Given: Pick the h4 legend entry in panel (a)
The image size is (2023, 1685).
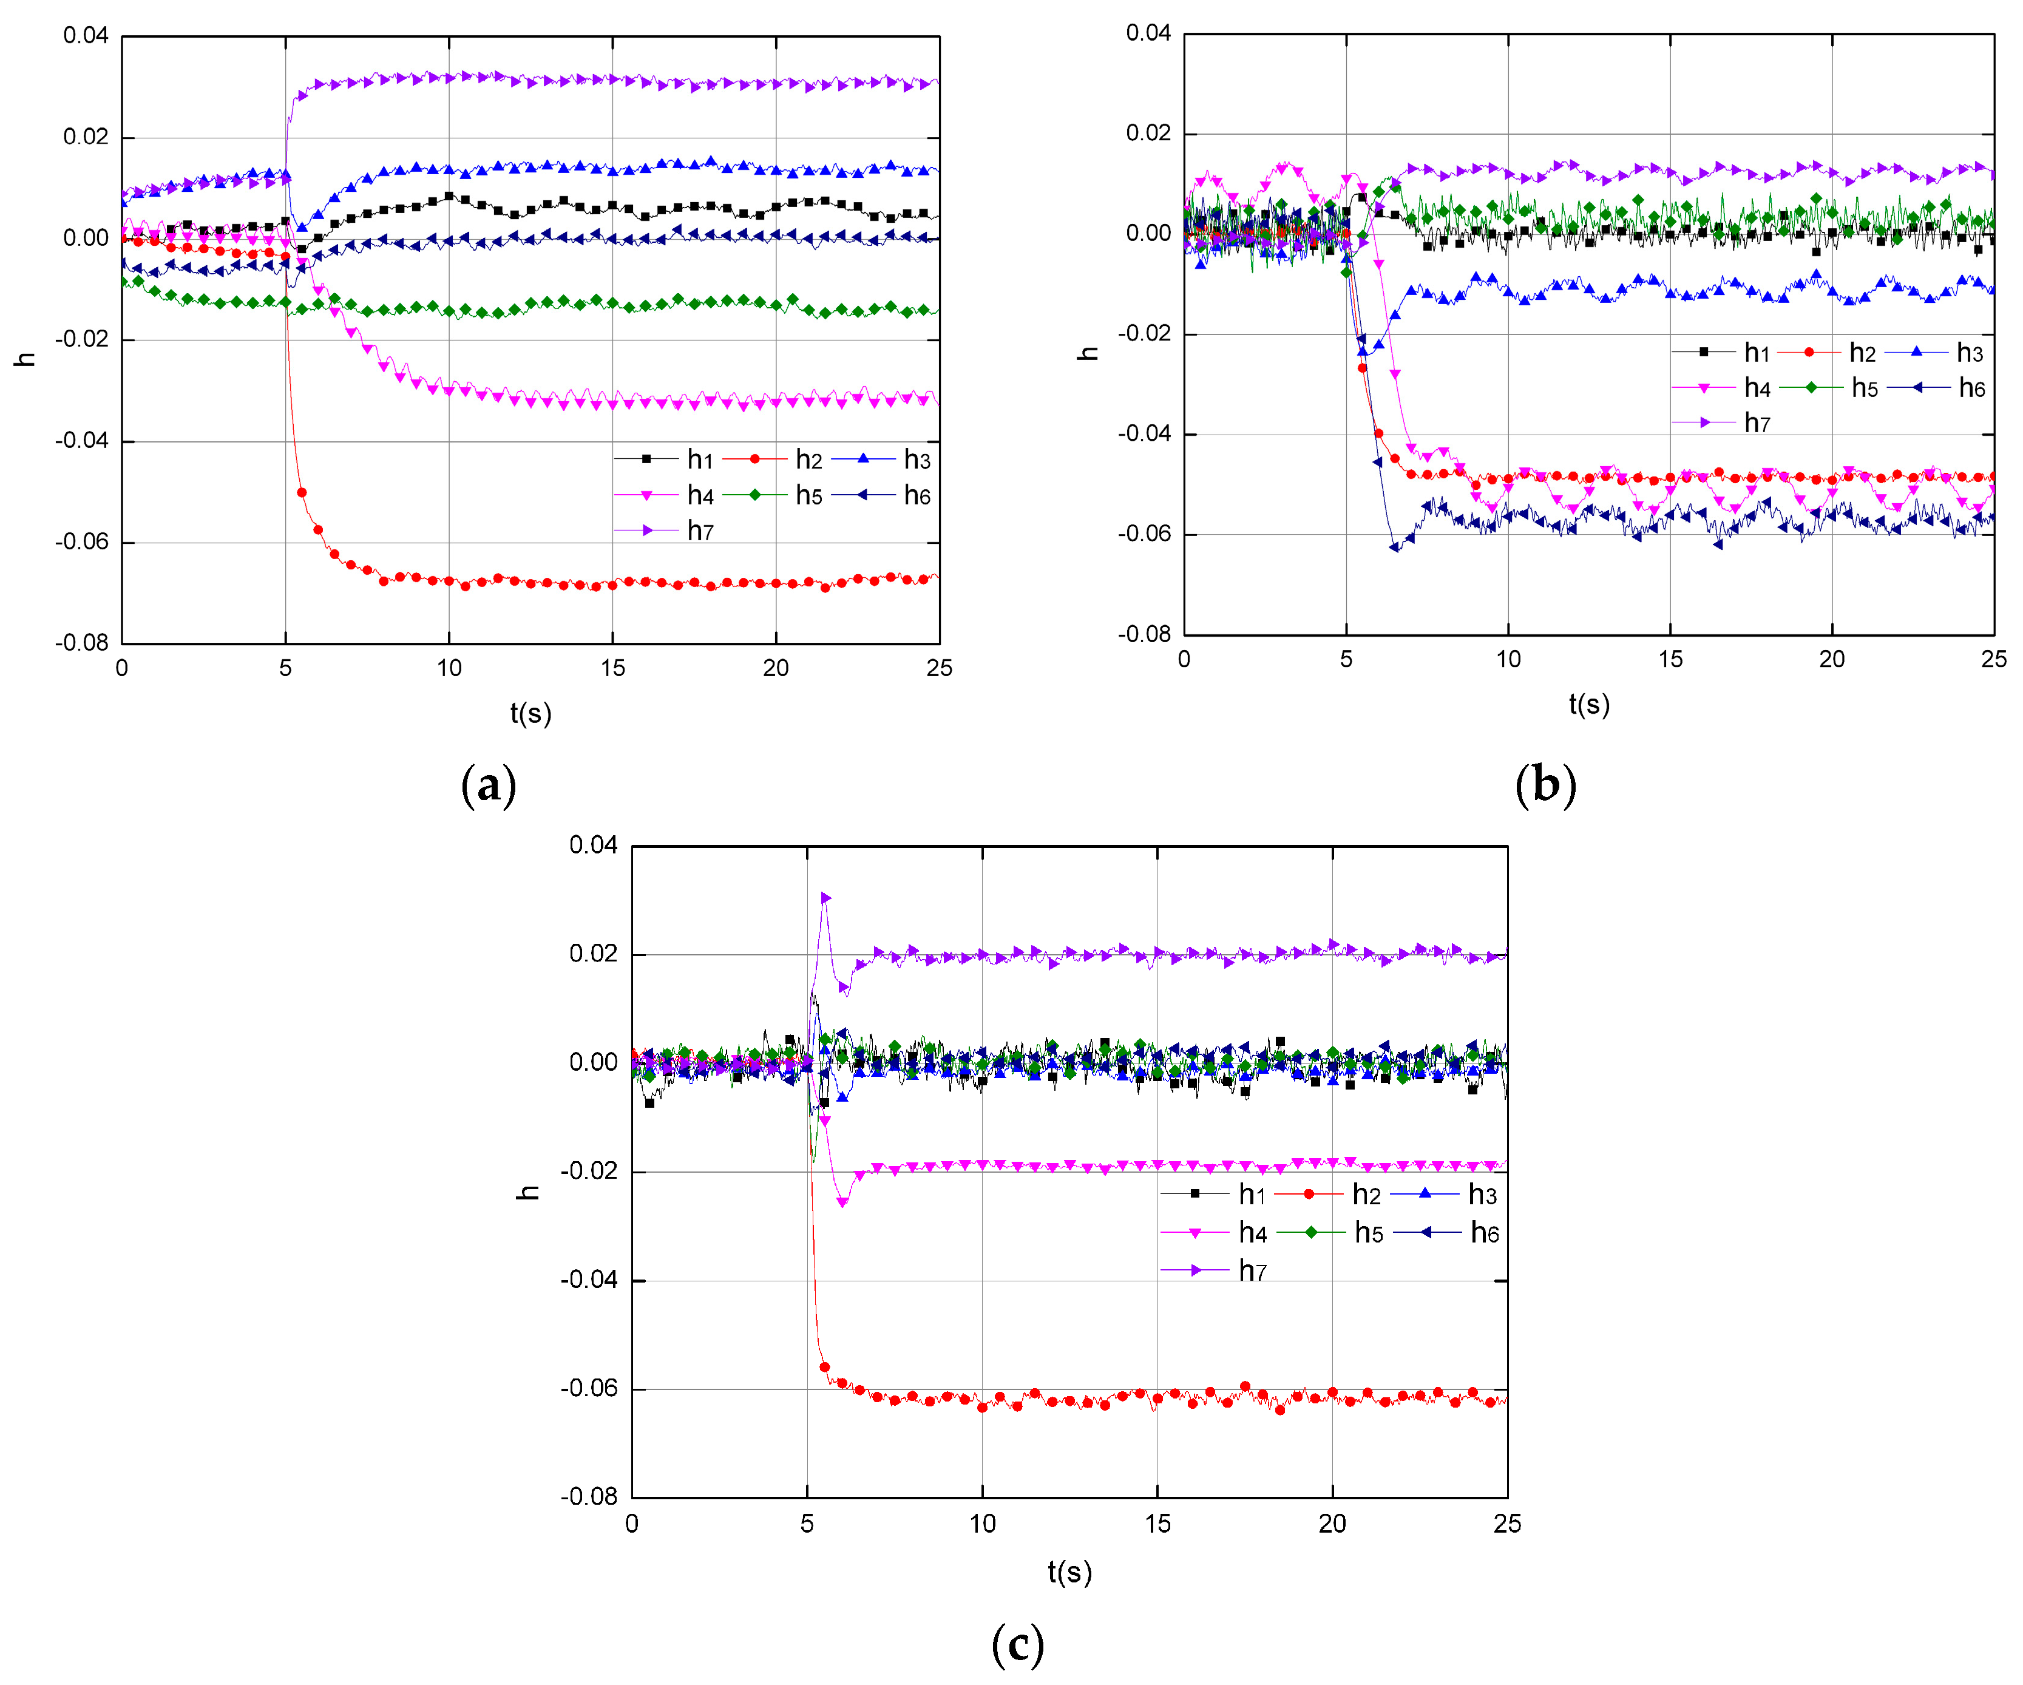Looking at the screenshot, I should [x=665, y=496].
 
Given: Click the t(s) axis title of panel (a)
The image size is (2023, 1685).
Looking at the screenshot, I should [x=531, y=713].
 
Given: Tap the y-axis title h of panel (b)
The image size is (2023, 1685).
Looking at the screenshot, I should [x=1088, y=353].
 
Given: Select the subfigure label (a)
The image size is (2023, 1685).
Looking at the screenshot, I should [x=489, y=785].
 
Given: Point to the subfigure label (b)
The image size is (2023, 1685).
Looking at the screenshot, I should [x=1545, y=785].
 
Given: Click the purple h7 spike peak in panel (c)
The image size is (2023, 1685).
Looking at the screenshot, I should [x=825, y=897].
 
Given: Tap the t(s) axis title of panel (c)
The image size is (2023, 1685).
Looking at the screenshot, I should [x=1069, y=1571].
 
